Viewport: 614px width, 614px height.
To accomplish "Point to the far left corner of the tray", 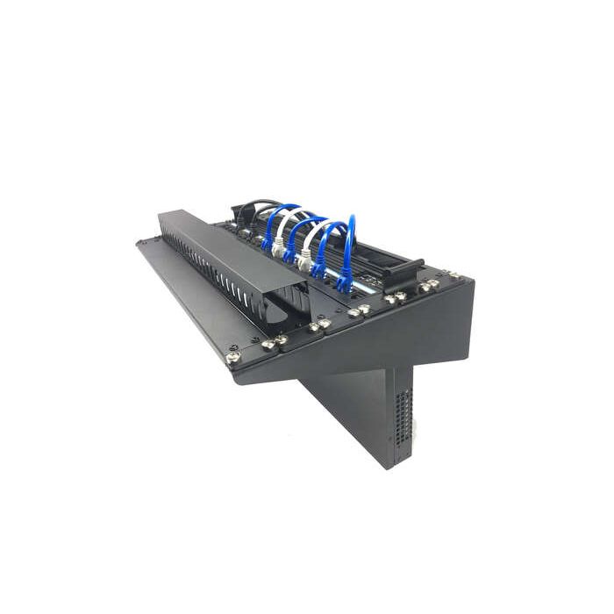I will (140, 241).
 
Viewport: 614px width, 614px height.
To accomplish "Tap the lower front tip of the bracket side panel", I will (239, 379).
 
